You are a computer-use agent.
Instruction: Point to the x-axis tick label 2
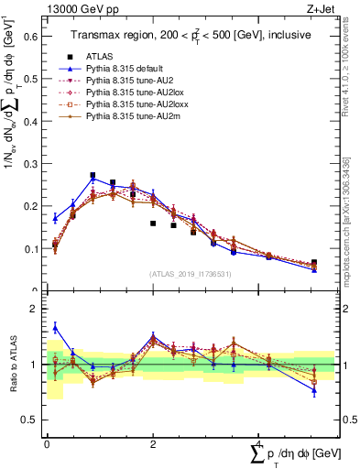click(152, 444)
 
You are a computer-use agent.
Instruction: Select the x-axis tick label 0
click(47, 444)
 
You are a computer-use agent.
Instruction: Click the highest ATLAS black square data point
click(93, 175)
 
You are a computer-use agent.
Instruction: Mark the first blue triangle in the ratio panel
click(55, 327)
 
